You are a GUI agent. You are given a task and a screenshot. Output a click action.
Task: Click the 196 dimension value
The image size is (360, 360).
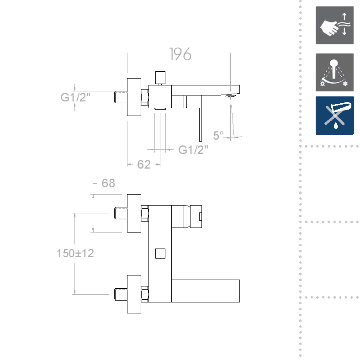(x=180, y=54)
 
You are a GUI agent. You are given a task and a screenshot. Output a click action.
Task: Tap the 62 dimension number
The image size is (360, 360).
(x=144, y=164)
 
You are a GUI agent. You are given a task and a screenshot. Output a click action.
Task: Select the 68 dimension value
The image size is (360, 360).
(x=108, y=183)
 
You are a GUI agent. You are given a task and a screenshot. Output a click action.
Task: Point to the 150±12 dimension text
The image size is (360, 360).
(x=75, y=253)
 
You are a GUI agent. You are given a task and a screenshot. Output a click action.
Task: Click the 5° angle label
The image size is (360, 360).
(x=218, y=135)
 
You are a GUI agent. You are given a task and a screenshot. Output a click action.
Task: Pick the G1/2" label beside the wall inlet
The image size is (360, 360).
(x=75, y=97)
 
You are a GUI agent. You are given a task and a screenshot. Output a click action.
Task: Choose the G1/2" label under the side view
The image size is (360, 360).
(x=193, y=150)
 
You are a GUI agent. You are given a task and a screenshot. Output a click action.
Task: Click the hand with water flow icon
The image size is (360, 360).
(x=334, y=25)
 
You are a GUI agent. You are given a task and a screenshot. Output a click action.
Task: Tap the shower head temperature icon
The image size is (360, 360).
(x=334, y=72)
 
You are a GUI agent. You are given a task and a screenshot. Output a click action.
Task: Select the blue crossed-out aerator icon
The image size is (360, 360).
(x=335, y=116)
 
